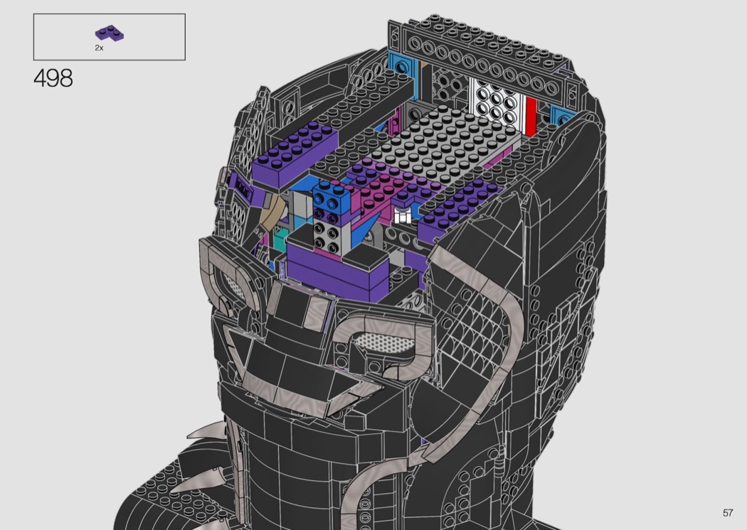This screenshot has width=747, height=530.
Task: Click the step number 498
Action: point(53,78)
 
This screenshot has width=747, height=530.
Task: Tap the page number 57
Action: point(728,512)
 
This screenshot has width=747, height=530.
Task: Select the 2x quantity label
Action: point(99,48)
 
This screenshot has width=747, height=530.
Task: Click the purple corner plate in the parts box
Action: point(109,33)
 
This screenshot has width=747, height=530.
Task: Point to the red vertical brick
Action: point(530,116)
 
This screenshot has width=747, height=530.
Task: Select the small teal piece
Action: point(280,238)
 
